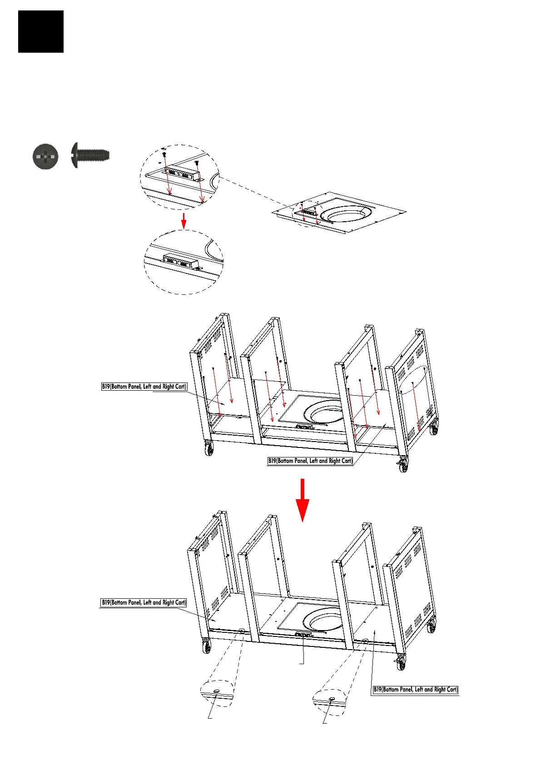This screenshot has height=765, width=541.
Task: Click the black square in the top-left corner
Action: coord(41,31)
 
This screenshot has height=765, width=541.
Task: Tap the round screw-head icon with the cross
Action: coord(45,157)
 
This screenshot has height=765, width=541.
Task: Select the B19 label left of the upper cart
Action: coord(144,387)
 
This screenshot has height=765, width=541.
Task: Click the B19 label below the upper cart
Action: coord(310,461)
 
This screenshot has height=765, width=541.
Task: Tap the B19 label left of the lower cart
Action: coord(144,602)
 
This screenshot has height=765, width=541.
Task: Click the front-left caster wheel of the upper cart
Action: coord(209,450)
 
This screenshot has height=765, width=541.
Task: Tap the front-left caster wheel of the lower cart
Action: coord(207,647)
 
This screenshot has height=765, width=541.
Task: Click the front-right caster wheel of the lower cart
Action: coord(401,664)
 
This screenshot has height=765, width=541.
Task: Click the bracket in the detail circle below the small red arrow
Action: coord(179,262)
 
